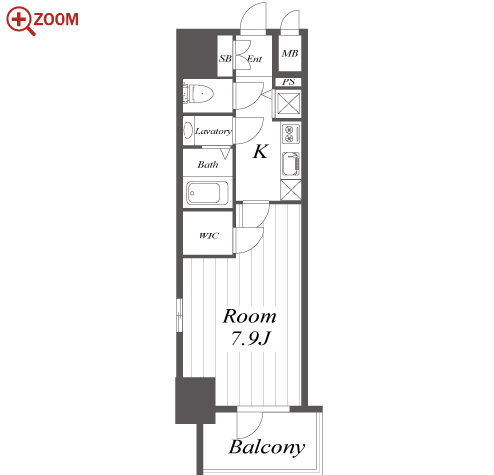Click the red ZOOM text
click(x=56, y=19)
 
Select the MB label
click(x=290, y=53)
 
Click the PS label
click(x=288, y=81)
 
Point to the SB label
click(x=225, y=58)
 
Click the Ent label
click(x=254, y=59)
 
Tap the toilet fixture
click(x=198, y=94)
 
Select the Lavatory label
click(x=213, y=131)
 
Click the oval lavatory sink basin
click(x=188, y=130)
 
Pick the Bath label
click(x=208, y=164)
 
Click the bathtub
click(x=207, y=193)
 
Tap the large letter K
click(x=260, y=152)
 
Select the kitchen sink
click(x=291, y=164)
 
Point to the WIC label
click(x=209, y=236)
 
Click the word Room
click(x=250, y=317)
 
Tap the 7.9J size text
click(x=250, y=339)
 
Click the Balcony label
click(x=267, y=448)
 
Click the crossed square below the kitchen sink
click(x=291, y=190)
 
